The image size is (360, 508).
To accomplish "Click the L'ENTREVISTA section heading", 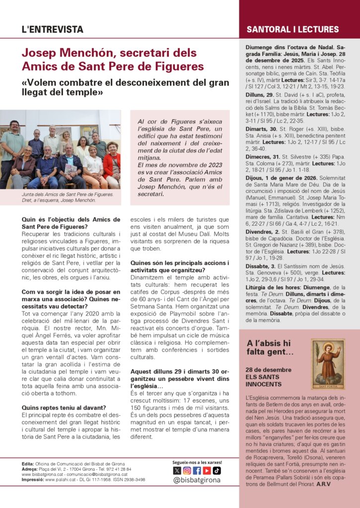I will (x=52, y=29).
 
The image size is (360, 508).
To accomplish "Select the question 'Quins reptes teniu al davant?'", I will (x=64, y=408).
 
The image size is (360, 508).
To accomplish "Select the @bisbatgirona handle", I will (x=197, y=481).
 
